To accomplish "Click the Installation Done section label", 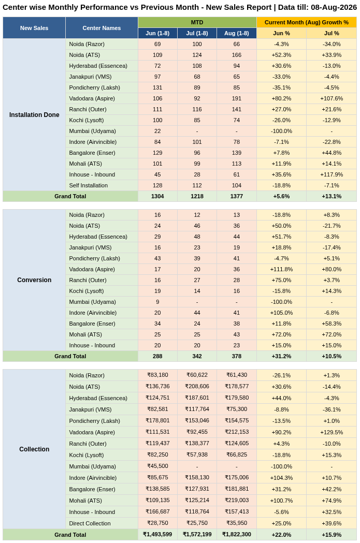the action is coord(34,114).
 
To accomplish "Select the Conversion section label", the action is coord(34,280).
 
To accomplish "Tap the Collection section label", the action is coord(34,449).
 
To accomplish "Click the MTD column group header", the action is coord(197,22).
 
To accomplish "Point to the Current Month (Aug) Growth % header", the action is coord(307,22).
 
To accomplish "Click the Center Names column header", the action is coord(102,28).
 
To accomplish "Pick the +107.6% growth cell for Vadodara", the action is coord(332,98).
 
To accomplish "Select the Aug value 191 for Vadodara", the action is coord(237,98).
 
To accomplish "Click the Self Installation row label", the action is coord(89,185).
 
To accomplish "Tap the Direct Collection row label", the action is coord(90,523).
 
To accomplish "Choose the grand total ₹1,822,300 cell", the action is coord(237,534).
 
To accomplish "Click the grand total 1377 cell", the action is coord(237,196).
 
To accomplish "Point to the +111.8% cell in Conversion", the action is coord(281,269).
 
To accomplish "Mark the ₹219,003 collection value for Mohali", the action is coord(237,500).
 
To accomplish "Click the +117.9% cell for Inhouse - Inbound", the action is coord(332,174).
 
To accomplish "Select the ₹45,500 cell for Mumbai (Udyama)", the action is coord(157,466).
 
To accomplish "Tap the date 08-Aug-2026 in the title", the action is coord(334,7).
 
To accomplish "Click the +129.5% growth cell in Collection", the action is coord(332,432).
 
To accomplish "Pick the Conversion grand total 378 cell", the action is coord(237,356).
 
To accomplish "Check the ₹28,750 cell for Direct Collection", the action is coord(157,523).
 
